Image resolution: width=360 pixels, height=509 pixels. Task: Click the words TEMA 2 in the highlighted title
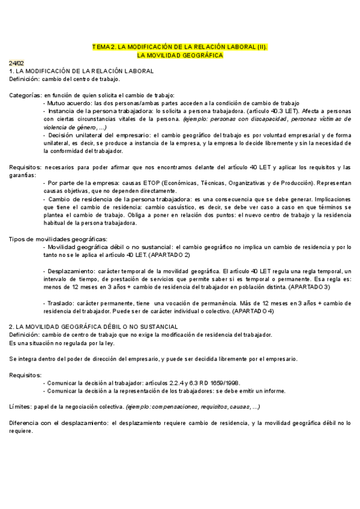click(x=103, y=46)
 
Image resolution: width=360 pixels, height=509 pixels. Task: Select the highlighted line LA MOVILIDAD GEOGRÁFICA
click(x=180, y=55)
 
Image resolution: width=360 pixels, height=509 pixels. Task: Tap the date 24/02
click(x=16, y=63)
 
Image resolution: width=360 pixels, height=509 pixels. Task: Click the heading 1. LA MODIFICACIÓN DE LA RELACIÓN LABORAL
click(x=82, y=71)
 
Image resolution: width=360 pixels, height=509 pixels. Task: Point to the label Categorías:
click(x=25, y=95)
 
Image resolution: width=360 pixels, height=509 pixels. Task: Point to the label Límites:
click(x=21, y=406)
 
